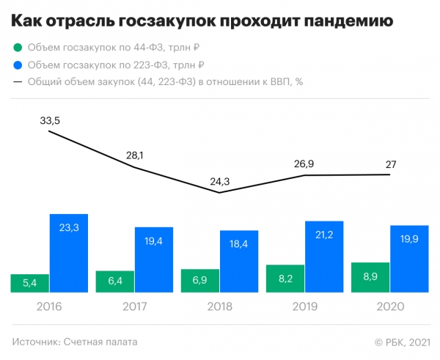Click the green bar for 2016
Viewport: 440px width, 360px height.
[x=29, y=283]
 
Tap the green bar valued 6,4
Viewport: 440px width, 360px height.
[x=114, y=282]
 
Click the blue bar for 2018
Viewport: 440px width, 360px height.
[x=239, y=262]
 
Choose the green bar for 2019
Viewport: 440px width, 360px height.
[x=285, y=279]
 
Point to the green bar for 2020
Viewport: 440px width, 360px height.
[x=370, y=277]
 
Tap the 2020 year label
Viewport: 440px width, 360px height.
[x=389, y=306]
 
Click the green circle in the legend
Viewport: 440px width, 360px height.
[x=17, y=47]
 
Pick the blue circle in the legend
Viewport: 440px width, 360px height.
[x=17, y=65]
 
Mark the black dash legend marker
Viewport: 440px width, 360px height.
[x=17, y=82]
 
